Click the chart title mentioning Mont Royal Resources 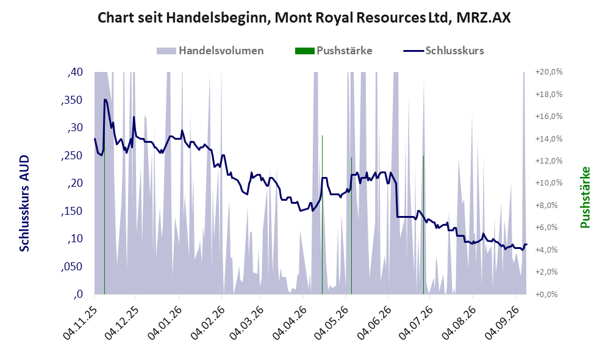point(304,18)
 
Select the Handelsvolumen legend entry point(210,51)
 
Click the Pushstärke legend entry point(334,51)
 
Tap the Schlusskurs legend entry point(443,51)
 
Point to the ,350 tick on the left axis point(72,100)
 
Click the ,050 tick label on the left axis point(72,267)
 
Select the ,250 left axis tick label point(72,156)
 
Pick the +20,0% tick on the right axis point(549,72)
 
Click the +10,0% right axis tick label point(549,182)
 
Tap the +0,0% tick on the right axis point(547,294)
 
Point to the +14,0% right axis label point(549,139)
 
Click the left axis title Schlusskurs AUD point(24,203)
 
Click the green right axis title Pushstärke point(585,197)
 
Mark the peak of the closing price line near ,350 point(106,99)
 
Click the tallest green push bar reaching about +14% point(322,215)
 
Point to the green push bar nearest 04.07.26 point(423,225)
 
